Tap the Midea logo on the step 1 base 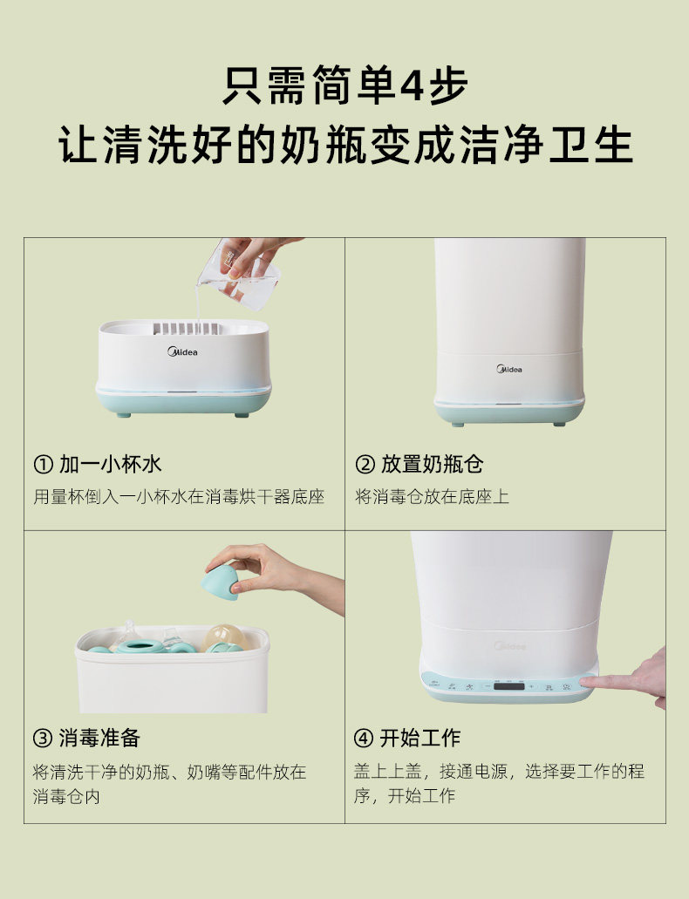182,351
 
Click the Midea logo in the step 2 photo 509,369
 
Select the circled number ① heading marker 43,464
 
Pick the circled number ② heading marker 365,464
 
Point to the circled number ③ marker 43,738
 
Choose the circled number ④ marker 363,738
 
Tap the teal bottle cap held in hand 220,582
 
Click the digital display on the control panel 508,686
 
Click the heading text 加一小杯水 111,464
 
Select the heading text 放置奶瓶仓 433,464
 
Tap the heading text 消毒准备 99,738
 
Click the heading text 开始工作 420,738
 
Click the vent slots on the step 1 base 186,329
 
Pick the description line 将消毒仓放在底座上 432,496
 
